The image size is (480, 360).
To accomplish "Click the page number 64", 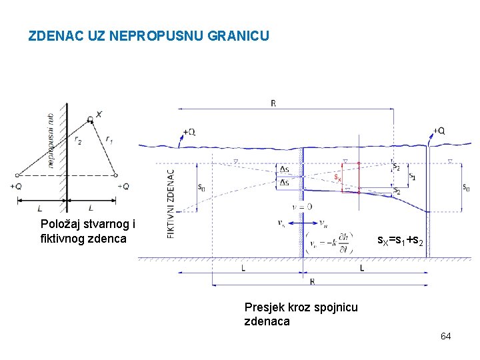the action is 445,336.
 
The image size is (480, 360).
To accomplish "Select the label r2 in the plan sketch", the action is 79,141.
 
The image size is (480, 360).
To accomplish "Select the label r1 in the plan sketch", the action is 109,139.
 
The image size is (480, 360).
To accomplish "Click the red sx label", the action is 337,178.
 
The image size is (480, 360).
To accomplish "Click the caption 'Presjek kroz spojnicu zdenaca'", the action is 301,314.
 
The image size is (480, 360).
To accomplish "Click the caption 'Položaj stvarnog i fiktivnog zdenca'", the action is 87,231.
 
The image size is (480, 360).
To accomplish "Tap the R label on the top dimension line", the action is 273,103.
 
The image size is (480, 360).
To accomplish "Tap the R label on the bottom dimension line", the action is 312,281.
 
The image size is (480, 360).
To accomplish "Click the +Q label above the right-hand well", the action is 439,131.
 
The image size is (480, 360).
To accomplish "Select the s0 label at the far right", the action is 465,187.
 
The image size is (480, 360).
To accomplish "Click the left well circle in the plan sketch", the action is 15,175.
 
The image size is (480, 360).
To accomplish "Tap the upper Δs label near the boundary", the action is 285,169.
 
